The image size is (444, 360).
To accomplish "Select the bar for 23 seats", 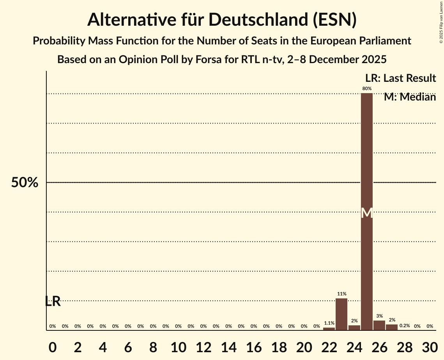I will point(341,314).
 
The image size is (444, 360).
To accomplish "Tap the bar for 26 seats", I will point(379,325).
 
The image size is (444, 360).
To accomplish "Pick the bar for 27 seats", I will point(392,327).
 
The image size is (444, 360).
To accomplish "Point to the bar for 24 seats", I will point(354,328).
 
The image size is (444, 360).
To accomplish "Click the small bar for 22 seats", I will point(329,329).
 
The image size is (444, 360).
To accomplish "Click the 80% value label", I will point(367,89).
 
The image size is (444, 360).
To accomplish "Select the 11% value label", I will point(342,294).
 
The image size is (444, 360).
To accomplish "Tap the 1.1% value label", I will point(329,323).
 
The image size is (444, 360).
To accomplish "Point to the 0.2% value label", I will point(405,326).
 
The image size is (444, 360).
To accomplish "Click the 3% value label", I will point(379,316).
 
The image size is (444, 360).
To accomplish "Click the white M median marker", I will point(367,213).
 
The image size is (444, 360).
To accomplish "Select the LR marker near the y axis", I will point(53,301).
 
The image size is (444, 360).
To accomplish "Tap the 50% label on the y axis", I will point(25,183).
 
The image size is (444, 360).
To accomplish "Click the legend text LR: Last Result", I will point(401,78).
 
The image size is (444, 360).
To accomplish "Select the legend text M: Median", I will point(410,97).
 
